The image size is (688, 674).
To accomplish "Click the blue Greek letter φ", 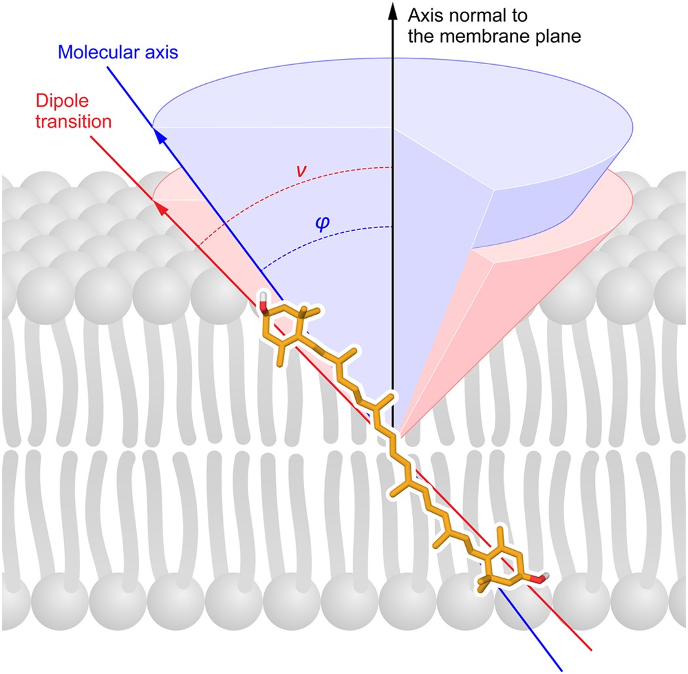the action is [x=322, y=222].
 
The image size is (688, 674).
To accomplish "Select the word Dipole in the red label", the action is [x=53, y=103].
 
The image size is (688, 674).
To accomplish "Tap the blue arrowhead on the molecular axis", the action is [x=159, y=134].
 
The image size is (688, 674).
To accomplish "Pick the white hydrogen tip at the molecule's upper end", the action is [x=263, y=298].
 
